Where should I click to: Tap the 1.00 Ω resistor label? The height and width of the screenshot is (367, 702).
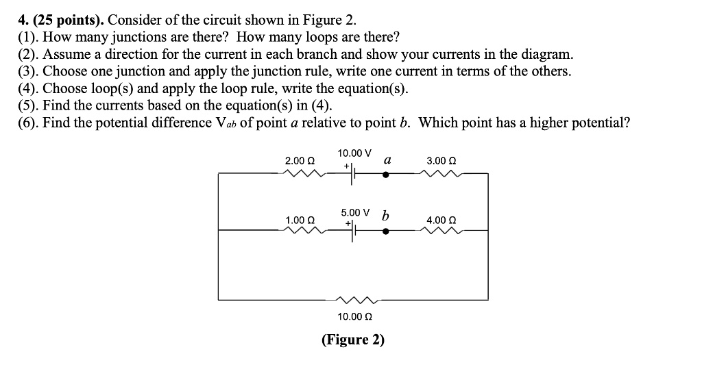click(x=300, y=220)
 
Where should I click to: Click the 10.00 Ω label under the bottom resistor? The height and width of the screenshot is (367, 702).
click(x=354, y=316)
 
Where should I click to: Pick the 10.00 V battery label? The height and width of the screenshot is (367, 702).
click(x=354, y=153)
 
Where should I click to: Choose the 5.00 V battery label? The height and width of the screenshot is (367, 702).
click(x=354, y=212)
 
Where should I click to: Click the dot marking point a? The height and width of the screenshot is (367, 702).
click(x=386, y=174)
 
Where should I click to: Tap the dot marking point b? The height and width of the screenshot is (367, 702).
click(x=386, y=231)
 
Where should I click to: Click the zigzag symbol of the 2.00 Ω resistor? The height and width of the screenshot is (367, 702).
click(x=300, y=173)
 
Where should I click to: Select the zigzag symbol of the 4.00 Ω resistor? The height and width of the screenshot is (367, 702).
click(x=441, y=231)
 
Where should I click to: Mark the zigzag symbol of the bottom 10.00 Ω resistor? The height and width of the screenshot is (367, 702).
click(x=354, y=300)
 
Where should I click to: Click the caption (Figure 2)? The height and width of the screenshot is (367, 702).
click(x=354, y=340)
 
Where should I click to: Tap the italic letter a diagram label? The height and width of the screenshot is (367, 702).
click(x=387, y=160)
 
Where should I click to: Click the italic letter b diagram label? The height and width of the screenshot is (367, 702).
click(x=385, y=216)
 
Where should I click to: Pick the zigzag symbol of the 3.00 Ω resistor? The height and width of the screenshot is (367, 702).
click(x=441, y=173)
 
